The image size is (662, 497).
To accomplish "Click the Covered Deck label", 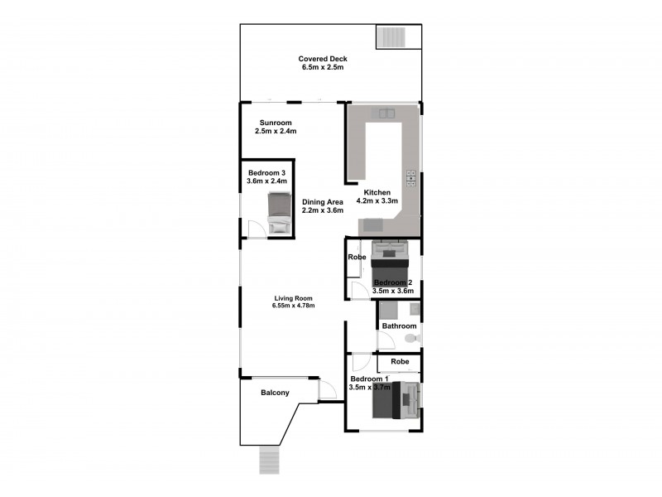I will pos(324,59).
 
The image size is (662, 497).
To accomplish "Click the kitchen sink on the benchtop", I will pos(386,113).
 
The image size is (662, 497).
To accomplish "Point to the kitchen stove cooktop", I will pos(410,177).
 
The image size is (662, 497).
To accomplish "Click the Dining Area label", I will pos(322,202).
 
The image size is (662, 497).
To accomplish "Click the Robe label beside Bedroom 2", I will pos(357,257).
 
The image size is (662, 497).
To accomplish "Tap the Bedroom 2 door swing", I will pos(357,289).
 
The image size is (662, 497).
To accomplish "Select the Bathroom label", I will pos(399,326).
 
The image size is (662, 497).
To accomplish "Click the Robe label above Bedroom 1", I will pos(400,362).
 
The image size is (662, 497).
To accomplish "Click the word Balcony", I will pos(275,393).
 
